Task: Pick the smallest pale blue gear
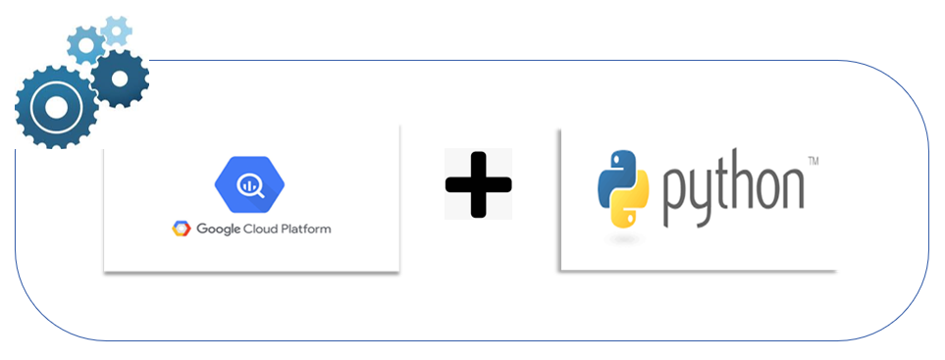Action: tap(117, 30)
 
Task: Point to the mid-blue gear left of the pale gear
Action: tap(86, 43)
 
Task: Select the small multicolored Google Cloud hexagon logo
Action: tap(182, 230)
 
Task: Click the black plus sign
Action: tap(478, 183)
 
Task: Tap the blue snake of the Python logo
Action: tap(614, 174)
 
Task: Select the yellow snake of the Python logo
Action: tap(631, 205)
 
